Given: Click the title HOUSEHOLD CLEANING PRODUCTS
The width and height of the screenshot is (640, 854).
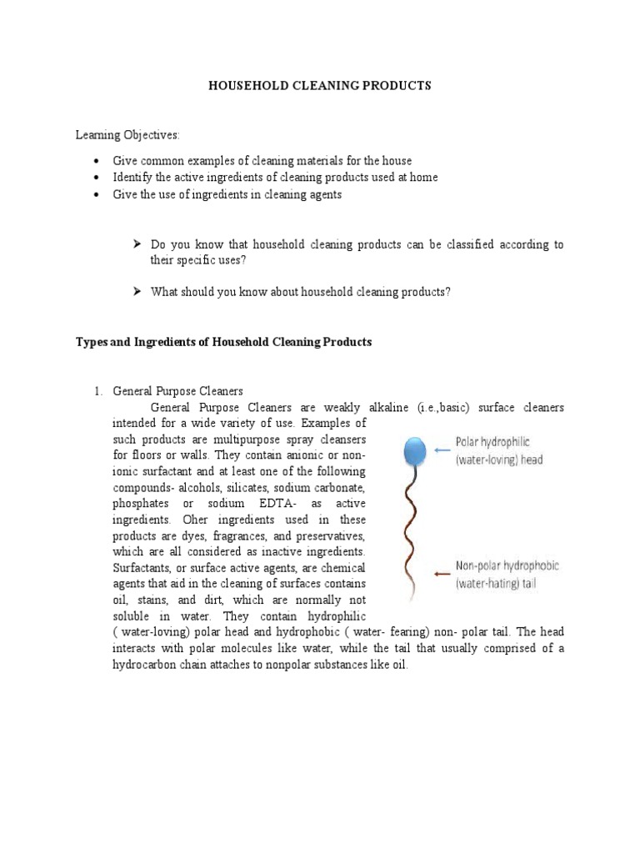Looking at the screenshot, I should tap(320, 86).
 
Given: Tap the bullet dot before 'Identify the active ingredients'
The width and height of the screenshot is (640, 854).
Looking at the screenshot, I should tap(97, 178).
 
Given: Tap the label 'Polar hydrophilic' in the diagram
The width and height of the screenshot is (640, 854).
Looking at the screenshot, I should tap(496, 441).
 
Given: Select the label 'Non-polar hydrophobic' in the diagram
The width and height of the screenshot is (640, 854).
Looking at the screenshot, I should tap(507, 565).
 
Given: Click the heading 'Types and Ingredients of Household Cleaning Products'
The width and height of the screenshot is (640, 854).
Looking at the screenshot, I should tap(224, 342).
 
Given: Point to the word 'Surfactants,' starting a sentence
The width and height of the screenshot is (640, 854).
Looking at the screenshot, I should tap(143, 567).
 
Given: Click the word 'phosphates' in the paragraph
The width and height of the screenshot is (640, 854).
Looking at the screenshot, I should tap(137, 504).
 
